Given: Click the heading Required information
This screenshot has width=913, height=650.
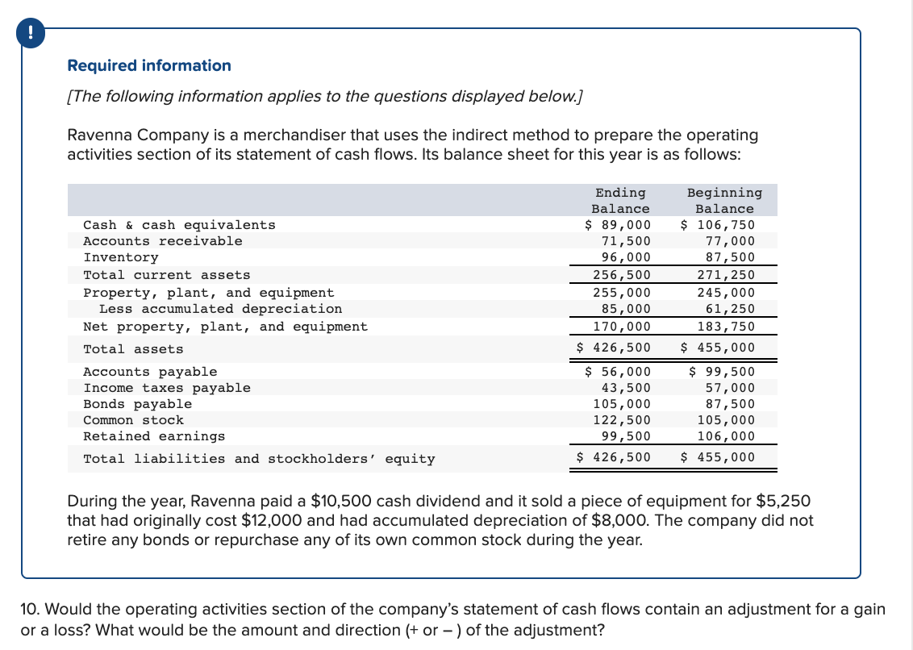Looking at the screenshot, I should (x=149, y=65).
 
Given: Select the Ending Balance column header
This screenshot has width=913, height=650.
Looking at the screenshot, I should (x=620, y=201).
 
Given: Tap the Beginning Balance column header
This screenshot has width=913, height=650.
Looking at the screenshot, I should (x=723, y=201).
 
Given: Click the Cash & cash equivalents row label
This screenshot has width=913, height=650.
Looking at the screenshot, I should (x=179, y=225).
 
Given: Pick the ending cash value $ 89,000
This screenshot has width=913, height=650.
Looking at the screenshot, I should (x=618, y=225).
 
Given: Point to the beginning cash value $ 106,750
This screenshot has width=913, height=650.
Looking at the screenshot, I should (x=719, y=225).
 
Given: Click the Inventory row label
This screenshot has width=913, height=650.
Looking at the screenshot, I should (x=121, y=257).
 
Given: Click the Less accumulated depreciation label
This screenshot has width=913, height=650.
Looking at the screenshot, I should (x=220, y=309).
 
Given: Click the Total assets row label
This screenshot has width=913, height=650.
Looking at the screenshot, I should (x=133, y=349).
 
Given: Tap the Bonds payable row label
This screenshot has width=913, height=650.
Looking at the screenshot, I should (x=138, y=404).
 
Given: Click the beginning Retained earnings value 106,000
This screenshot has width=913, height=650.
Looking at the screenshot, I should (x=726, y=436).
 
